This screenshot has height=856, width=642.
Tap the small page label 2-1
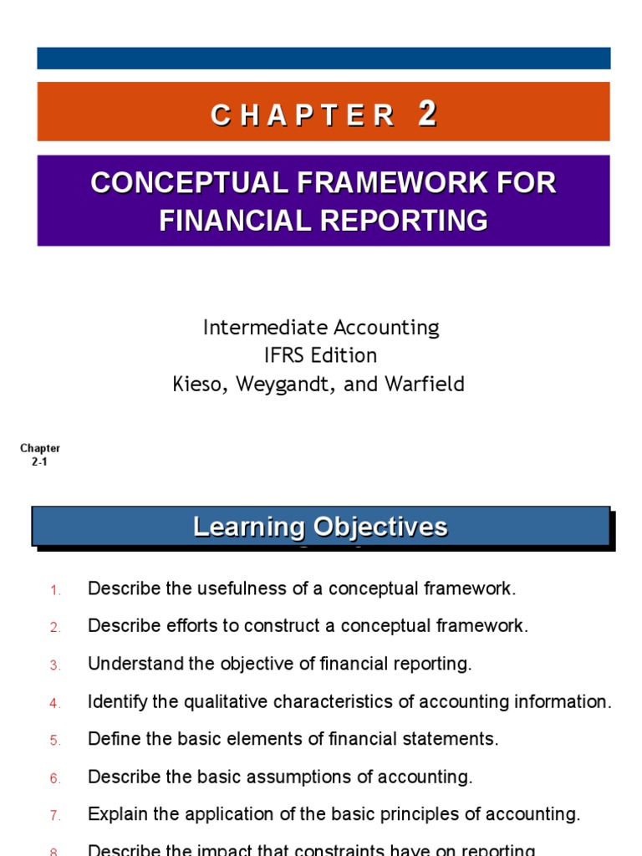[39, 461]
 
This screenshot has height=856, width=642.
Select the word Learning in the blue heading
[248, 527]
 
